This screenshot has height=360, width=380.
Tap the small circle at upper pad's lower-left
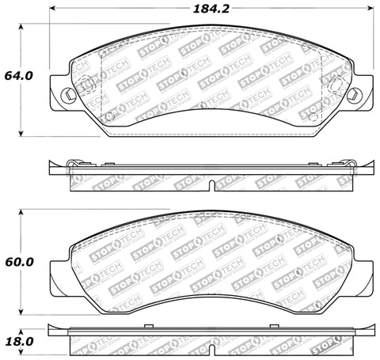111,120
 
